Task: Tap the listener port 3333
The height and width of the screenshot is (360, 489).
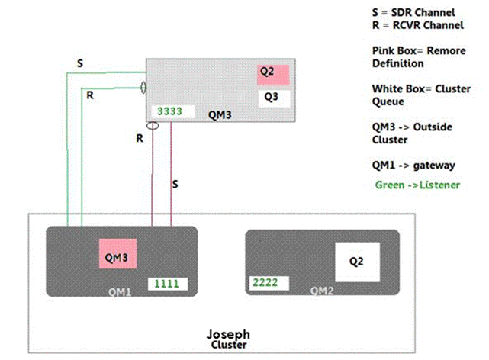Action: pyautogui.click(x=169, y=111)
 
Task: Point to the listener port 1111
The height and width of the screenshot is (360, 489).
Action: pyautogui.click(x=168, y=283)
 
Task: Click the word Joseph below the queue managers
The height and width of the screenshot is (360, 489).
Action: pyautogui.click(x=228, y=334)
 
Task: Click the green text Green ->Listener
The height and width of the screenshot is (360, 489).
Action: pyautogui.click(x=417, y=185)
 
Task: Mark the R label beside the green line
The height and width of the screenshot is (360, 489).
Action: pyautogui.click(x=89, y=97)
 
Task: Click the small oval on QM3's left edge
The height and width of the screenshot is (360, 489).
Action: pyautogui.click(x=143, y=88)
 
